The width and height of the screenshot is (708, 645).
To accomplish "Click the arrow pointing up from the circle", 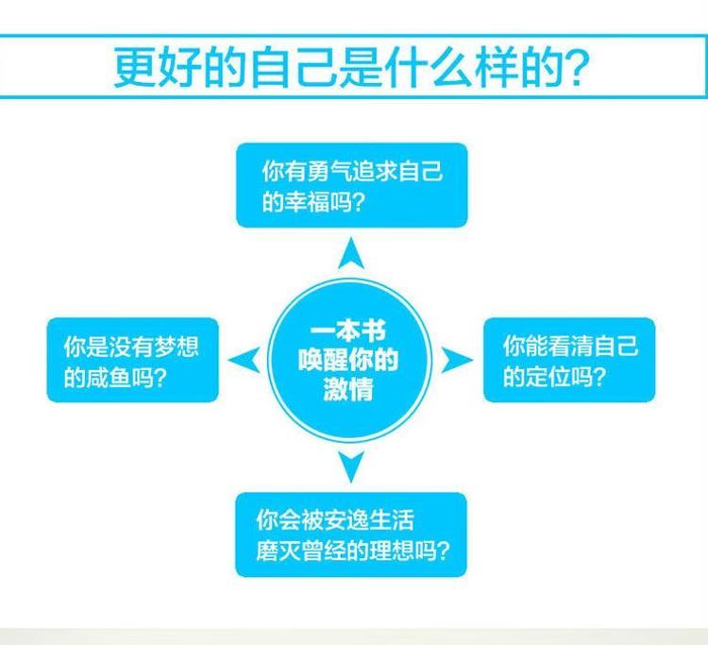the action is click(x=351, y=255).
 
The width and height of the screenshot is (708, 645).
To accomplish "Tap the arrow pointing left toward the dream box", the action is click(x=246, y=360).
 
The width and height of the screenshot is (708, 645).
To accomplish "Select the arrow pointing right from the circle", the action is click(x=456, y=360).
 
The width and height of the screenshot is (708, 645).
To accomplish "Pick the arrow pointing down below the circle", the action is click(x=351, y=467).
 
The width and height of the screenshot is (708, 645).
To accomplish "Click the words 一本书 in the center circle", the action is click(x=347, y=332).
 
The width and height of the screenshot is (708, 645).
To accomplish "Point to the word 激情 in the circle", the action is click(x=348, y=389).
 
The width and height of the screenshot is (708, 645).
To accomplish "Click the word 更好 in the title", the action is click(x=158, y=67).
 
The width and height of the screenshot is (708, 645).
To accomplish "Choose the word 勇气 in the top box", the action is click(x=329, y=171).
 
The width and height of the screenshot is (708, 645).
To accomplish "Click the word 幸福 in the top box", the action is click(x=307, y=201).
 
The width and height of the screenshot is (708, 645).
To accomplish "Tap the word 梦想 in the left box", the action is click(x=177, y=347).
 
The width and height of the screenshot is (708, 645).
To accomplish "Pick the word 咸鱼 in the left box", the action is click(x=109, y=377).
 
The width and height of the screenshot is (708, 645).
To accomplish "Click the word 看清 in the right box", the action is click(x=571, y=346).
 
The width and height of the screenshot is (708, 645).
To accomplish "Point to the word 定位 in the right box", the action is click(x=548, y=376).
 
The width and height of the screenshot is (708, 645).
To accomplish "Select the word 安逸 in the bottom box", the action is click(x=346, y=520).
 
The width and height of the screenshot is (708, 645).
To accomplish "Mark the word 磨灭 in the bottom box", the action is click(x=278, y=551).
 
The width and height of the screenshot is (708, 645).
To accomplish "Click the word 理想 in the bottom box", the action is click(x=392, y=551).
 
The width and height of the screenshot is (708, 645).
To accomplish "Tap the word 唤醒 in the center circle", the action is click(x=323, y=360).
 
